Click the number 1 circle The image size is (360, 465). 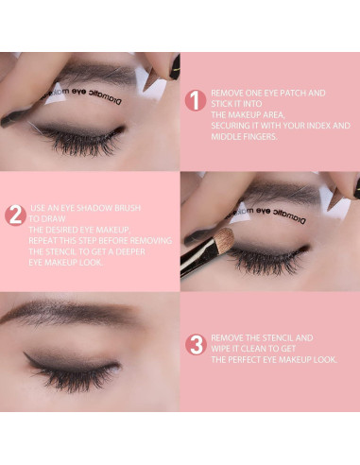[195, 100]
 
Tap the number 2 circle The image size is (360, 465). [14, 215]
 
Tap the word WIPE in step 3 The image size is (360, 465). [225, 349]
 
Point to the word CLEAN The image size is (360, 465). [262, 349]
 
